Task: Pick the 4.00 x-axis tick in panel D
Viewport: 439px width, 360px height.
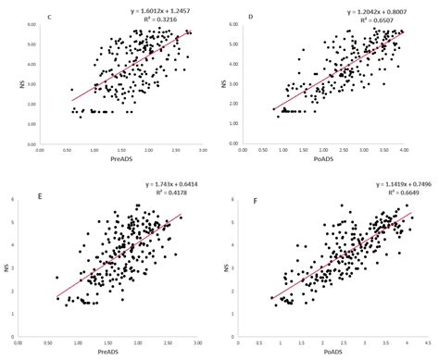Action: (403, 153)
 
